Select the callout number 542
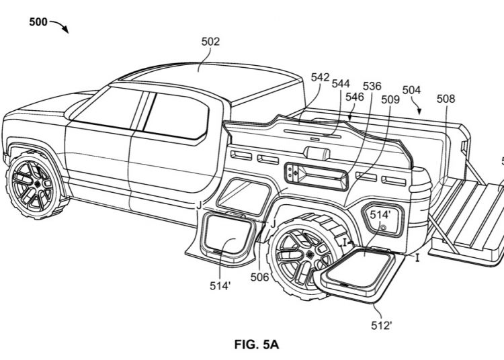(320, 77)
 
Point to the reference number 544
(341, 85)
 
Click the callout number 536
(372, 87)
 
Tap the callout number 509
(390, 100)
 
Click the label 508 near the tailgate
(445, 99)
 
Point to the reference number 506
(260, 275)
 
